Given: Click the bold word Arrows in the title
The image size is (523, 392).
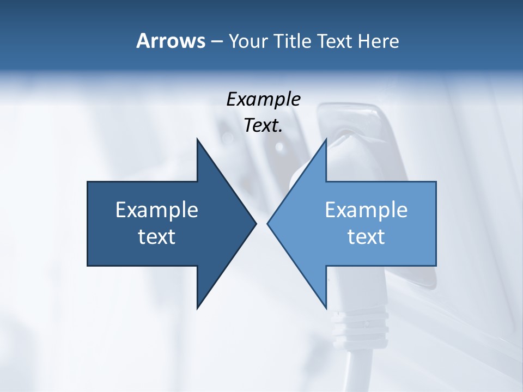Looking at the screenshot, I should (171, 41).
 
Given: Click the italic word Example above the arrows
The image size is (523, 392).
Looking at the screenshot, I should (263, 100).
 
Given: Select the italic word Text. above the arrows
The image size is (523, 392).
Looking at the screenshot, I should (263, 126).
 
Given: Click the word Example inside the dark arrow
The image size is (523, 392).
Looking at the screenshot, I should (157, 210).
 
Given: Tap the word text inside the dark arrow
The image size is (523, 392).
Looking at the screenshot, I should (157, 237).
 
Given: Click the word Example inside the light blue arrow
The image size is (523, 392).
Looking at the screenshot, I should (366, 210).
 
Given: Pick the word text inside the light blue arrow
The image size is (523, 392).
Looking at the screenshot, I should (366, 237).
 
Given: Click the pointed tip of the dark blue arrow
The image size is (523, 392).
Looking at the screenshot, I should (256, 223).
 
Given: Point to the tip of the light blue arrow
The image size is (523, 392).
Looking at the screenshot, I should (268, 223).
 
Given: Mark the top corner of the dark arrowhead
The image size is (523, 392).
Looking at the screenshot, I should (198, 139).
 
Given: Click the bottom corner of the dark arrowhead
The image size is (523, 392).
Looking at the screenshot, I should (198, 308).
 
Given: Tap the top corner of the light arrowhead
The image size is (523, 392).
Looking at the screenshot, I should (326, 139).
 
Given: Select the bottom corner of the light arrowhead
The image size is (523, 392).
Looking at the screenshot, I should (326, 308).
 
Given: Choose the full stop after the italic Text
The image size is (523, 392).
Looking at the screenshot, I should (280, 131).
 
